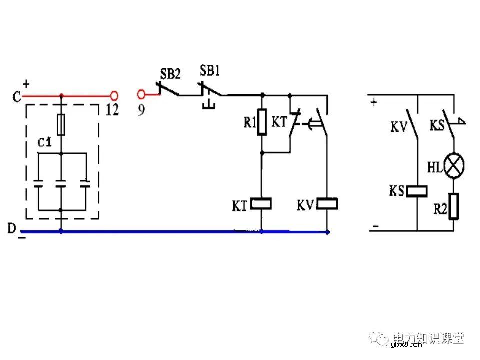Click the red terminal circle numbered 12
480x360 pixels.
[114, 95]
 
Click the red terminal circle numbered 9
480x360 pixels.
[141, 94]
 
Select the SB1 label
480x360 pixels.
[210, 70]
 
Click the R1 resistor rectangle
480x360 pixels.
[261, 123]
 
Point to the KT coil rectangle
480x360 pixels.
[261, 204]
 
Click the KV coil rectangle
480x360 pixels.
[327, 204]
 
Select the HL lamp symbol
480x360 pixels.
[454, 165]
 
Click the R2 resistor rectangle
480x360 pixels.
[454, 207]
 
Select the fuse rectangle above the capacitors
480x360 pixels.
[61, 125]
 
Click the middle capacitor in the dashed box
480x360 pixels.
[61, 184]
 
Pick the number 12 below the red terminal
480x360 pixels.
[112, 110]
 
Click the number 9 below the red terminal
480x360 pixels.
[141, 110]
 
